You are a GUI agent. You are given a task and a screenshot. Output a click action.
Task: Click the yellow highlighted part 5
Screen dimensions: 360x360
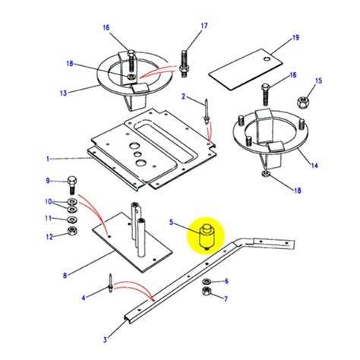[204, 235]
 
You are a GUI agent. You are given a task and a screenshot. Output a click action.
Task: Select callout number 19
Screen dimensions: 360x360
[296, 36]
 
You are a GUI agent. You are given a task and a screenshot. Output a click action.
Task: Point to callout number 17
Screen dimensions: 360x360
[204, 26]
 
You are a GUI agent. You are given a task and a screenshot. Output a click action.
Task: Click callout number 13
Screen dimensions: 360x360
[63, 93]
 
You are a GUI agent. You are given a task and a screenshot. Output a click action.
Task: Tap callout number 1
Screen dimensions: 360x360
[46, 159]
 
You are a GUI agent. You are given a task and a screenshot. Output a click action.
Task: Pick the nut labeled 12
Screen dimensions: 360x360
[71, 231]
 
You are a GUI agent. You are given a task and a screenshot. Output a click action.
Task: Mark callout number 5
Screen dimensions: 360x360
[172, 223]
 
